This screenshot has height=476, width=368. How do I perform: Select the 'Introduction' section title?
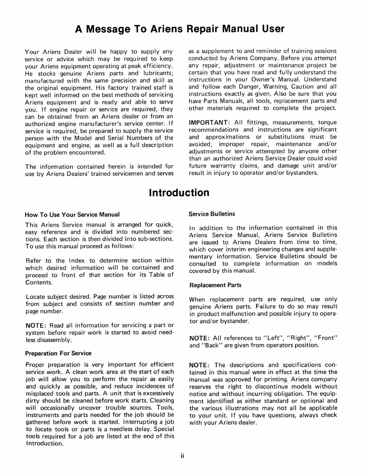tap(179, 193)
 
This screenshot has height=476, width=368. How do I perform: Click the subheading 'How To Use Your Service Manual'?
tap(72, 215)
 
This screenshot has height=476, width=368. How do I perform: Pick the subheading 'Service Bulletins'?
tap(212, 214)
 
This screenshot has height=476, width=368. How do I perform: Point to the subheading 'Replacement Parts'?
tap(215, 285)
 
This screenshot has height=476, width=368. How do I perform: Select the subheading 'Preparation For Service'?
tap(58, 353)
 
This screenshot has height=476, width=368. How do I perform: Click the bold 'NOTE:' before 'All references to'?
tap(200, 338)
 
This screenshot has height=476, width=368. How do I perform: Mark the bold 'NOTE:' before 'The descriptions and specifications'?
tap(200, 365)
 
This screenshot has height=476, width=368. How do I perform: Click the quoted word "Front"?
tap(326, 338)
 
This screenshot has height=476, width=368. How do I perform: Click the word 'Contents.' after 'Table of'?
tap(39, 282)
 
